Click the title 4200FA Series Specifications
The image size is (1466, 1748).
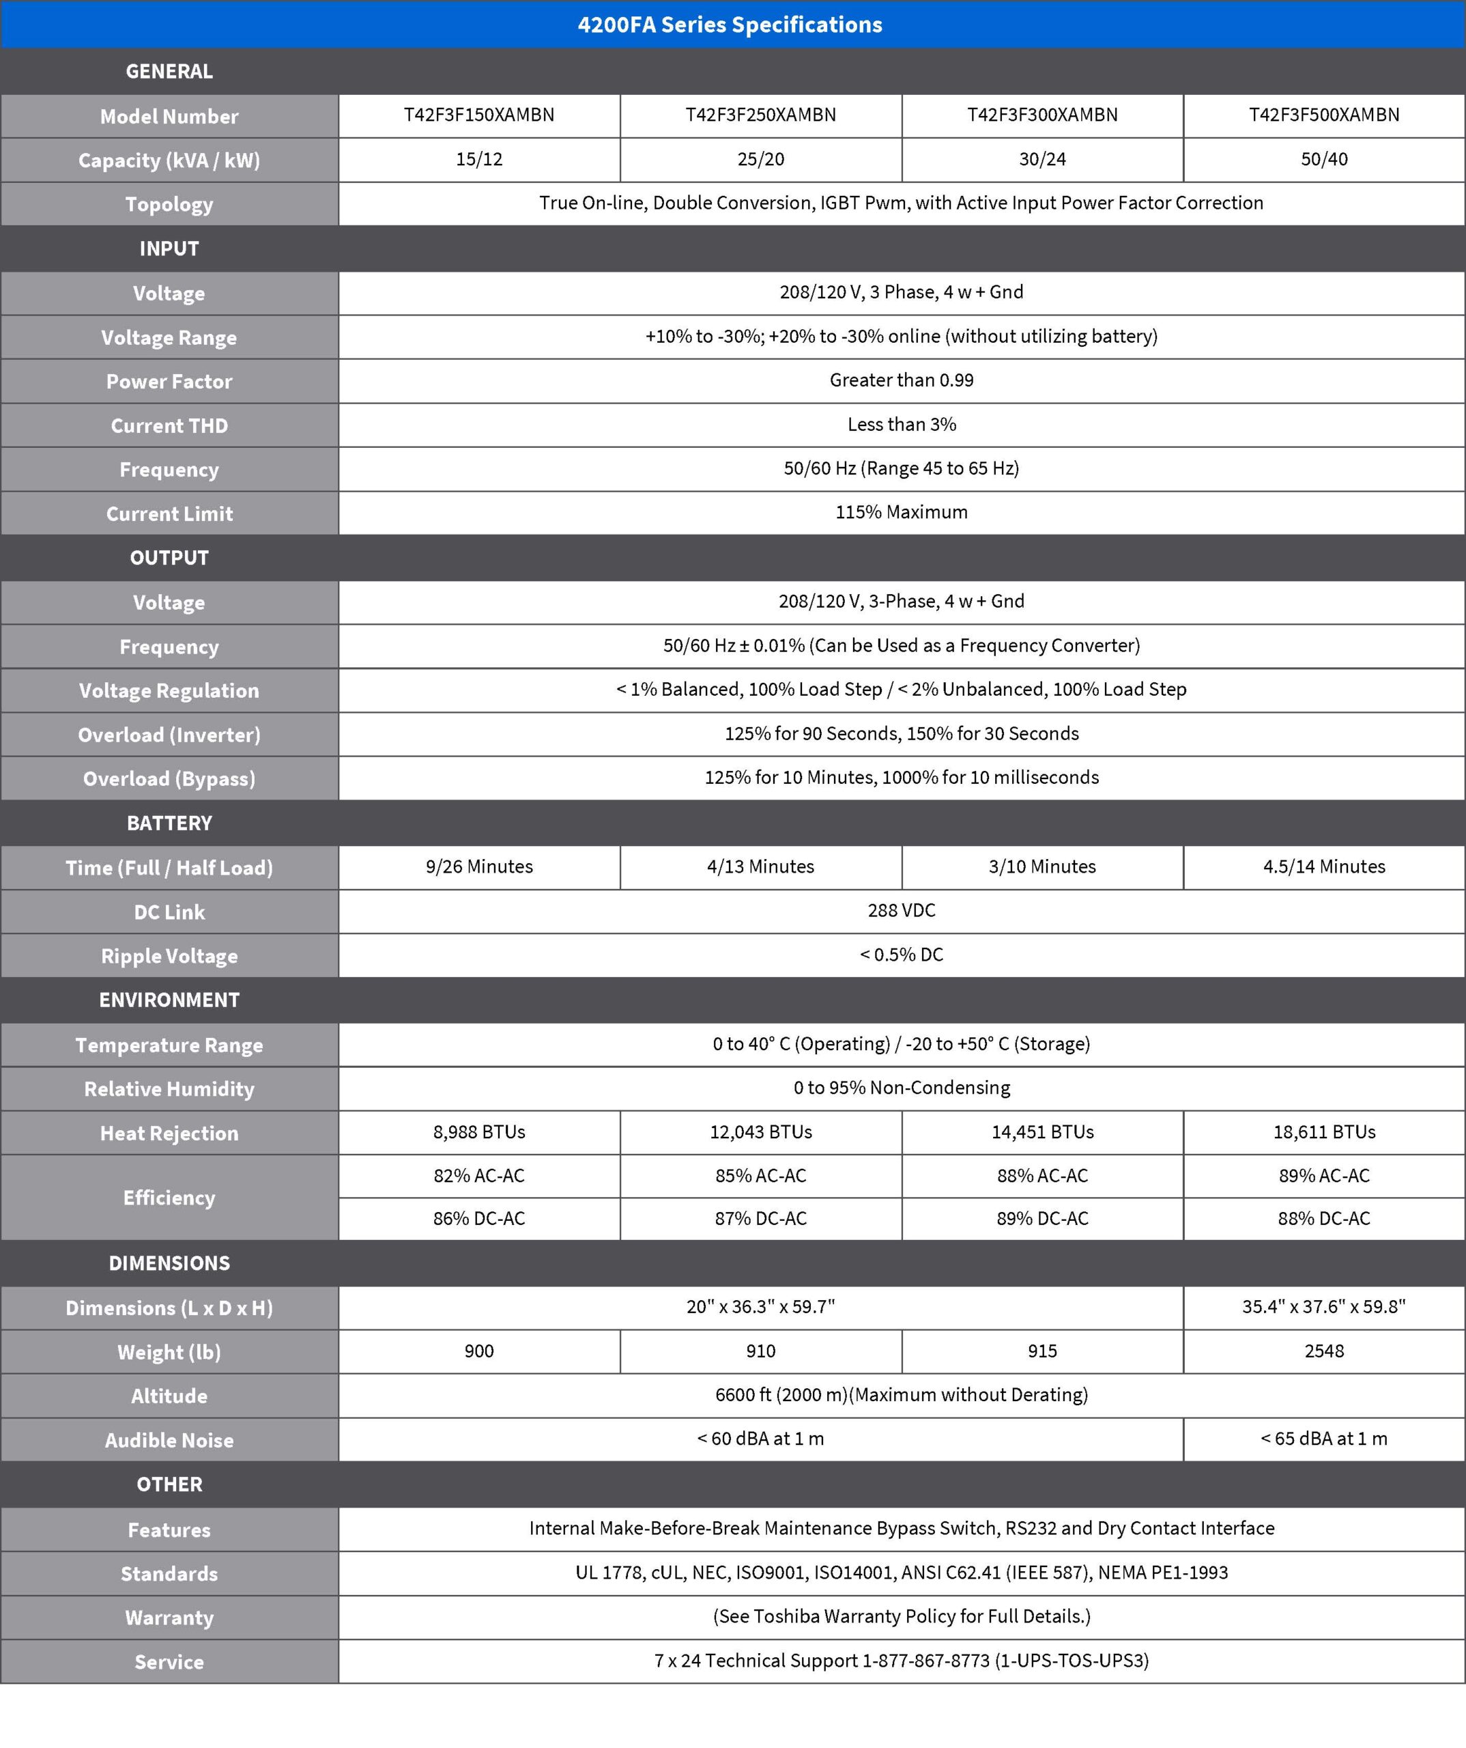coord(730,25)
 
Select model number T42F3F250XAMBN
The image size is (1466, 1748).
coord(760,115)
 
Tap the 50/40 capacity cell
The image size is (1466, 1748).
coord(1324,159)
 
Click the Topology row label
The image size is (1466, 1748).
coord(169,204)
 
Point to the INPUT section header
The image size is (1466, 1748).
coord(169,248)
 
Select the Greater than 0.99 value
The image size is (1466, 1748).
coord(901,380)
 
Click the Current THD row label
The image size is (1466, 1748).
coord(169,425)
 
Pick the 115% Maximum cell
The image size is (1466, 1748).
coord(901,512)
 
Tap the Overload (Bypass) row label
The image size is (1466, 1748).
coord(169,778)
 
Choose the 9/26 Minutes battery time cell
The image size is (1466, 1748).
coord(479,866)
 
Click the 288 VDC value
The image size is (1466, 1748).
coord(901,911)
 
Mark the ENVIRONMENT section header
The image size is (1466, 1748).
coord(169,1000)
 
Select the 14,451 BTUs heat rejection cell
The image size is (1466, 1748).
coord(1041,1132)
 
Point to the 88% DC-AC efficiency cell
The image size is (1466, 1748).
coord(1324,1219)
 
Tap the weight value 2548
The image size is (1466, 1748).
coord(1324,1351)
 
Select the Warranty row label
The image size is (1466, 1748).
coord(169,1618)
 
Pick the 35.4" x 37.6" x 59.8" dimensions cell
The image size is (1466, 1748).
coord(1324,1307)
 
